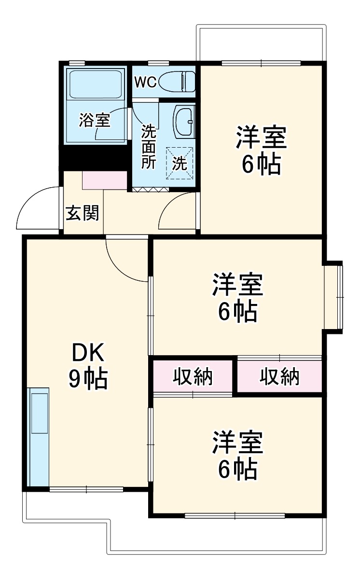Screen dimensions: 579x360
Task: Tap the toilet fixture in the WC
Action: pos(179,81)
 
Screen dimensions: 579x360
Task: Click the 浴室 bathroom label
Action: pos(95,120)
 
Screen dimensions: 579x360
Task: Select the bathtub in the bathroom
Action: pos(96,85)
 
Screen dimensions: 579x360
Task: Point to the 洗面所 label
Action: pos(148,146)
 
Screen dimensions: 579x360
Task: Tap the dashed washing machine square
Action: pos(180,163)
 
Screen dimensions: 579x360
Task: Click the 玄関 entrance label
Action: pos(83,213)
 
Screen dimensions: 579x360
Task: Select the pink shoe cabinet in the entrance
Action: pos(104,180)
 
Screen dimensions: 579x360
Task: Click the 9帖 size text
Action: pos(88,380)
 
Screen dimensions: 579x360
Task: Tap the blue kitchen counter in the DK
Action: pos(39,437)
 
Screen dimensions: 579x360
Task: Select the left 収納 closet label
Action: pos(193,376)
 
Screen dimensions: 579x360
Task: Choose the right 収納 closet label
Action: pos(280,376)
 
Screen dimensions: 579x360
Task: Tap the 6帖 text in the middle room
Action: pos(237,312)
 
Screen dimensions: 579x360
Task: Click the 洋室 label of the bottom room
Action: pos(237,444)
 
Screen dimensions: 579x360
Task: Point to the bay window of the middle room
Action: pos(334,297)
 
